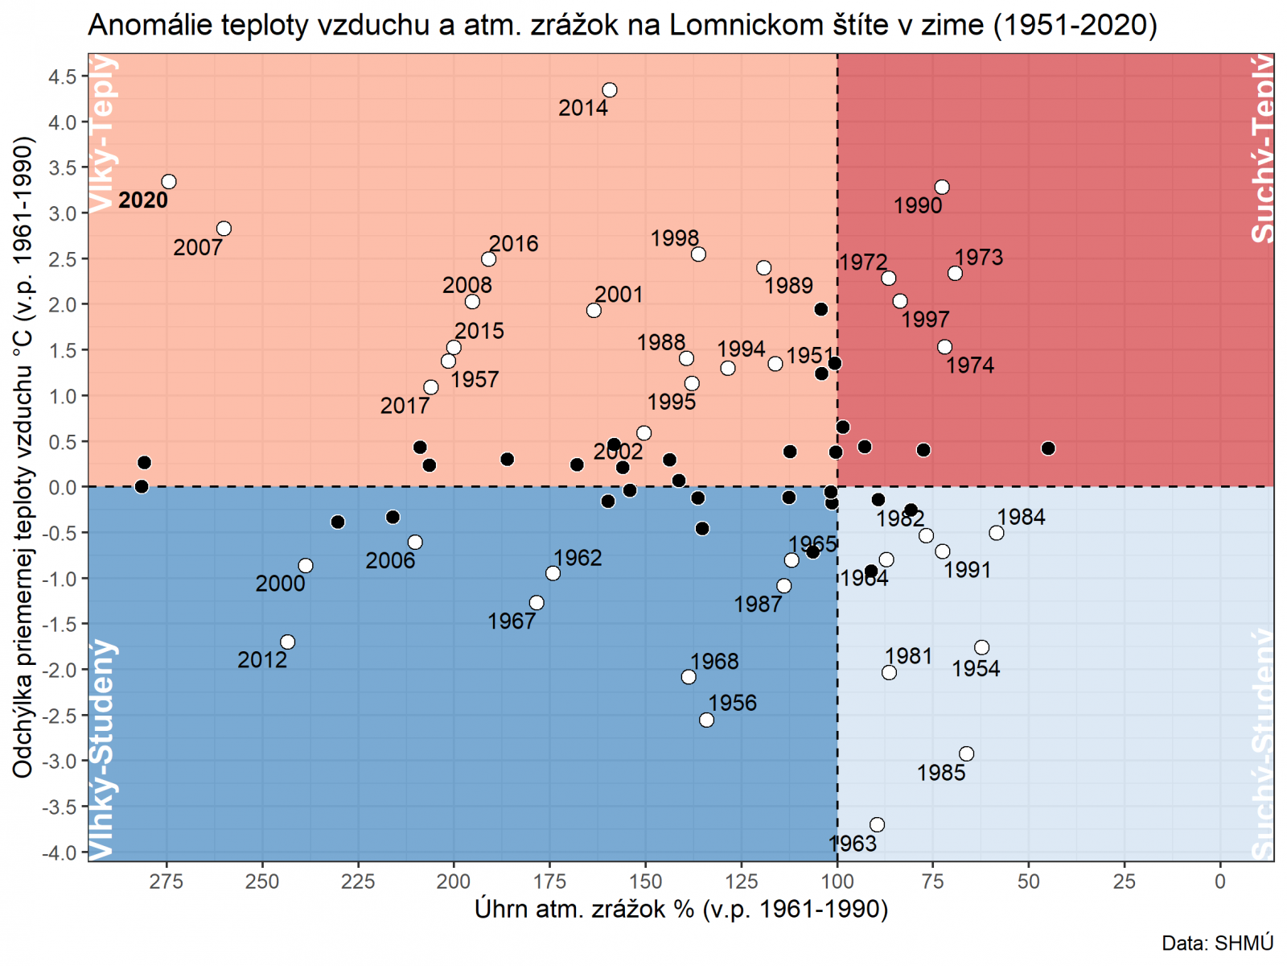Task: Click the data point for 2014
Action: point(610,90)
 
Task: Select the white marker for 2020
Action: point(169,182)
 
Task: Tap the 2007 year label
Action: point(197,248)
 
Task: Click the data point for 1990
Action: point(942,188)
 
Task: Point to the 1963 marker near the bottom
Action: point(878,824)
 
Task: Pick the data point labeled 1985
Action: point(967,754)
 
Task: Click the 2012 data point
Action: point(288,642)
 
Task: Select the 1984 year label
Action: point(1021,517)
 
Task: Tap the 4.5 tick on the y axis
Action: point(62,76)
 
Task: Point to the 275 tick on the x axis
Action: point(167,881)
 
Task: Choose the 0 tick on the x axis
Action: point(1220,881)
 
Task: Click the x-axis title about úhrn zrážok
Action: point(681,910)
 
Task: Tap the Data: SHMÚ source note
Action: point(1217,943)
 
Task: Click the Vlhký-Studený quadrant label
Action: point(102,749)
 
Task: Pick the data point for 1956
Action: point(706,720)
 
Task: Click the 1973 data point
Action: point(955,274)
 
